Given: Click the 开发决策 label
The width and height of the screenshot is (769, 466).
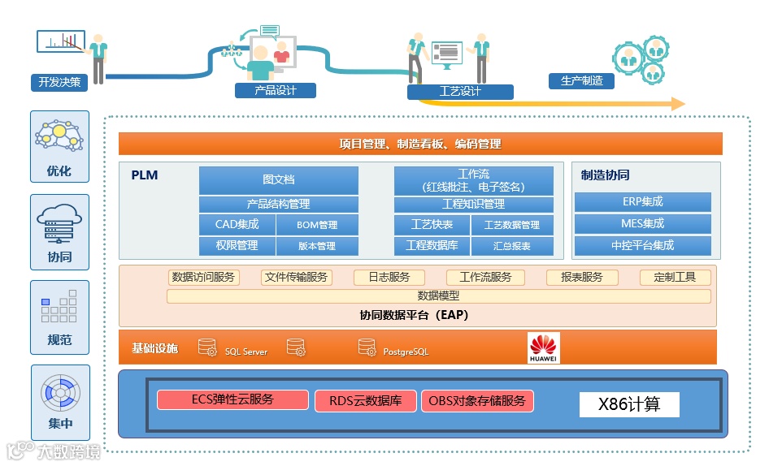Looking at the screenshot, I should coord(59,82).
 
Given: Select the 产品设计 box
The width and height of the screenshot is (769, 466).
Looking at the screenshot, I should coord(275,90).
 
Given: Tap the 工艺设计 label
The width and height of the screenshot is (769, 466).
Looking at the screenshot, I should coord(460,91).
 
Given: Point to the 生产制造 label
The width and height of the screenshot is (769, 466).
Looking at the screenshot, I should coord(581,81).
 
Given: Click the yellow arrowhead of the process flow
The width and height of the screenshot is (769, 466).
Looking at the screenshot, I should coord(676,104).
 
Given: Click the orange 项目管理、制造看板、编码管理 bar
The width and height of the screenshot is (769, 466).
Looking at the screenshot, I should coord(420,144).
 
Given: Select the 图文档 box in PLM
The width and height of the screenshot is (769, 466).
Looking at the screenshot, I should coord(278,179).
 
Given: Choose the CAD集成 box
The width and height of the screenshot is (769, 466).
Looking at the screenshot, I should coord(237,225).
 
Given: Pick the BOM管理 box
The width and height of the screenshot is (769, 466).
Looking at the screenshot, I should coord(317,225).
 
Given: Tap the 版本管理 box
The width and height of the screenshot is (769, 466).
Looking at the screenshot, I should coord(317,246).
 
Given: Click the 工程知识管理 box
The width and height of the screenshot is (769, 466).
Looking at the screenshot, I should coord(473,204).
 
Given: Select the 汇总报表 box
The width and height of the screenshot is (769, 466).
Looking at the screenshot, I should coord(512,246).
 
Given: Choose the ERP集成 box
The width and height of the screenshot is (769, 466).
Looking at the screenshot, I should coord(642,201).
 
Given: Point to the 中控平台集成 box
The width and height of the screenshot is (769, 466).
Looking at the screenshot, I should coord(642,245).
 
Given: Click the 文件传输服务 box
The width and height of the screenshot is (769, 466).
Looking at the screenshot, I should coord(297,277).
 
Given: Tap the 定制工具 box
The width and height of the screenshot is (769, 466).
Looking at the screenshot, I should coord(675,277).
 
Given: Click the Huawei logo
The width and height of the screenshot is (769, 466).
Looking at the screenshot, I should coord(543,347).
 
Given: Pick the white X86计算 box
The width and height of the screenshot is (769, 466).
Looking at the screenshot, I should coord(628,404).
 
